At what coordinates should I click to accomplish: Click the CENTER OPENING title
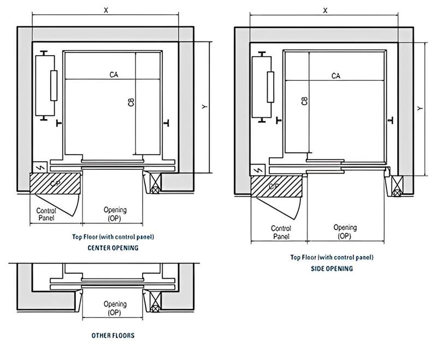coord(113,247)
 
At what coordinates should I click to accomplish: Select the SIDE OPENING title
coord(332,268)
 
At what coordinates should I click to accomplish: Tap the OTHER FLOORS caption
coord(114,335)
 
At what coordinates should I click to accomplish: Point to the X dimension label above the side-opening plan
coord(326,10)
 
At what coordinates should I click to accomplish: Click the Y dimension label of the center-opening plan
coord(204,107)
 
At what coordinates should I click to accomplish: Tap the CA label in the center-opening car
coord(114,74)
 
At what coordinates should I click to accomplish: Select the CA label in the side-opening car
coord(336,76)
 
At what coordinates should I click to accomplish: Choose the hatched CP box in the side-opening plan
coord(276,186)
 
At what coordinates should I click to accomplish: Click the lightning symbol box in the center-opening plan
coord(39,167)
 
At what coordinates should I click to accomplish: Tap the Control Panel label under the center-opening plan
coord(47,214)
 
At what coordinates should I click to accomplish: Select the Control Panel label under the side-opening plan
coord(280,232)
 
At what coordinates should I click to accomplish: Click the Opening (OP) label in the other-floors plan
coord(115,308)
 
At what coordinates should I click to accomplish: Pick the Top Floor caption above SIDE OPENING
coord(332,257)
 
